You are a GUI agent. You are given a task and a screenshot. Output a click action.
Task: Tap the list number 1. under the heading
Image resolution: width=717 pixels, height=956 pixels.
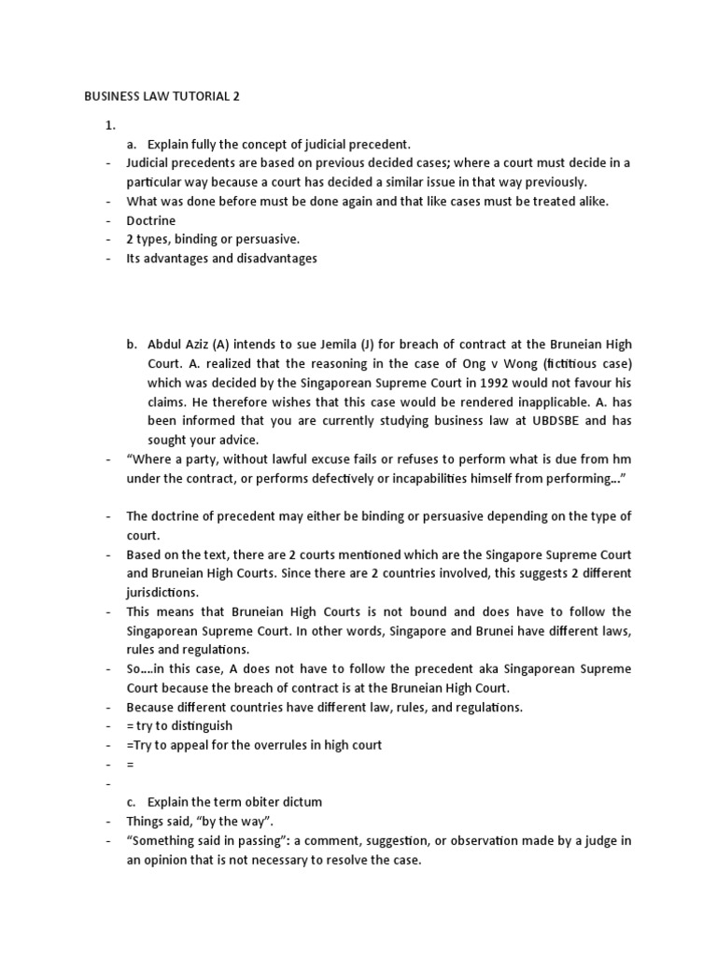[109, 124]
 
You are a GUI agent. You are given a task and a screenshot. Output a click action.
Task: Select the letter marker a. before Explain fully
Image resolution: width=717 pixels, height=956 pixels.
[132, 144]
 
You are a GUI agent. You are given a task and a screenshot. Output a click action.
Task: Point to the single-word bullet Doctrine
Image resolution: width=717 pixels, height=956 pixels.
[151, 220]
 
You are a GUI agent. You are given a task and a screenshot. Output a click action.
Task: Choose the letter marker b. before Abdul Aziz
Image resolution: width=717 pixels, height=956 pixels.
[132, 344]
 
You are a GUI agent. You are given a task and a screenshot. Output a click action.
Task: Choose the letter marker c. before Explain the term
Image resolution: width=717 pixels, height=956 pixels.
[132, 803]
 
